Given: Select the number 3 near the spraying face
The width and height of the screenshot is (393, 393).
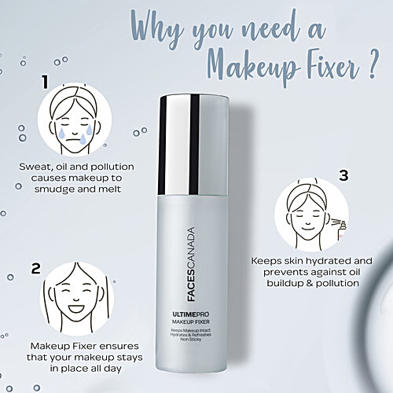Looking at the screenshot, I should click(343, 176).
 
